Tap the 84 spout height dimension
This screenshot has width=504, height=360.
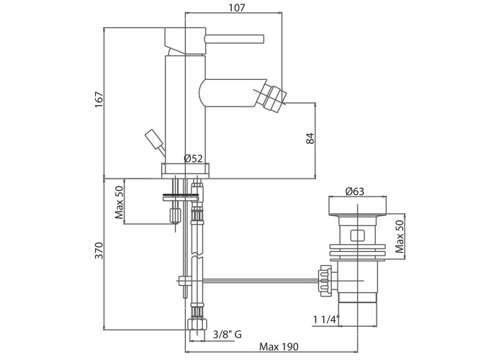310,138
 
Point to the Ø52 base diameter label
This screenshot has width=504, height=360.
194,158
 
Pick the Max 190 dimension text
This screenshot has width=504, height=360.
279,347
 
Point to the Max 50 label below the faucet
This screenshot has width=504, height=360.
120,202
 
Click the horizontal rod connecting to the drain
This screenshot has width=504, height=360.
252,278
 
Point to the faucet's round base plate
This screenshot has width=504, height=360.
186,171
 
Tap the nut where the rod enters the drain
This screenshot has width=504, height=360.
325,278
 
